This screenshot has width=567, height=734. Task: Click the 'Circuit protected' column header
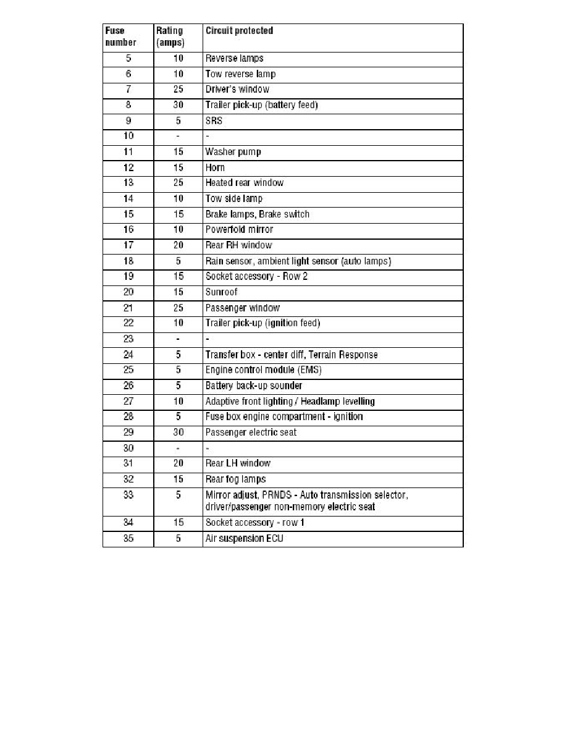click(239, 30)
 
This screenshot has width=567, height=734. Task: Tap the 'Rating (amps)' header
click(170, 36)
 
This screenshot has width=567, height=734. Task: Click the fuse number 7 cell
click(128, 90)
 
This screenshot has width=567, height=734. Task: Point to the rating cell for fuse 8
click(178, 105)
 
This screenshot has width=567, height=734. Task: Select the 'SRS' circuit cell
click(214, 121)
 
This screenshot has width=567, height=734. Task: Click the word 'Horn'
click(215, 167)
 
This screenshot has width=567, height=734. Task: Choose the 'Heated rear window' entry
click(244, 183)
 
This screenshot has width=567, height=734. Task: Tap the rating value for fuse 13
click(178, 183)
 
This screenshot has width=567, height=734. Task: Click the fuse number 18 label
click(128, 261)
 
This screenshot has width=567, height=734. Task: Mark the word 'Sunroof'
click(221, 292)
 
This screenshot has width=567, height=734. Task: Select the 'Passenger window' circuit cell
click(242, 308)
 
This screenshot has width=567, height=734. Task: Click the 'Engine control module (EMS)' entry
click(263, 370)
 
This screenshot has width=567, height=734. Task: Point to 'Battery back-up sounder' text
click(253, 386)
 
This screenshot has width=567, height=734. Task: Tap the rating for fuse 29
click(178, 432)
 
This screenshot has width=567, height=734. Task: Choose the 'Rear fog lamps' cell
click(235, 479)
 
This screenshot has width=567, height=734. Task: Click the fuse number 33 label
click(128, 495)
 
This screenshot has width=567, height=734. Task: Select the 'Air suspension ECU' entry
click(244, 539)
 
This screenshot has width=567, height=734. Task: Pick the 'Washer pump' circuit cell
click(233, 152)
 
